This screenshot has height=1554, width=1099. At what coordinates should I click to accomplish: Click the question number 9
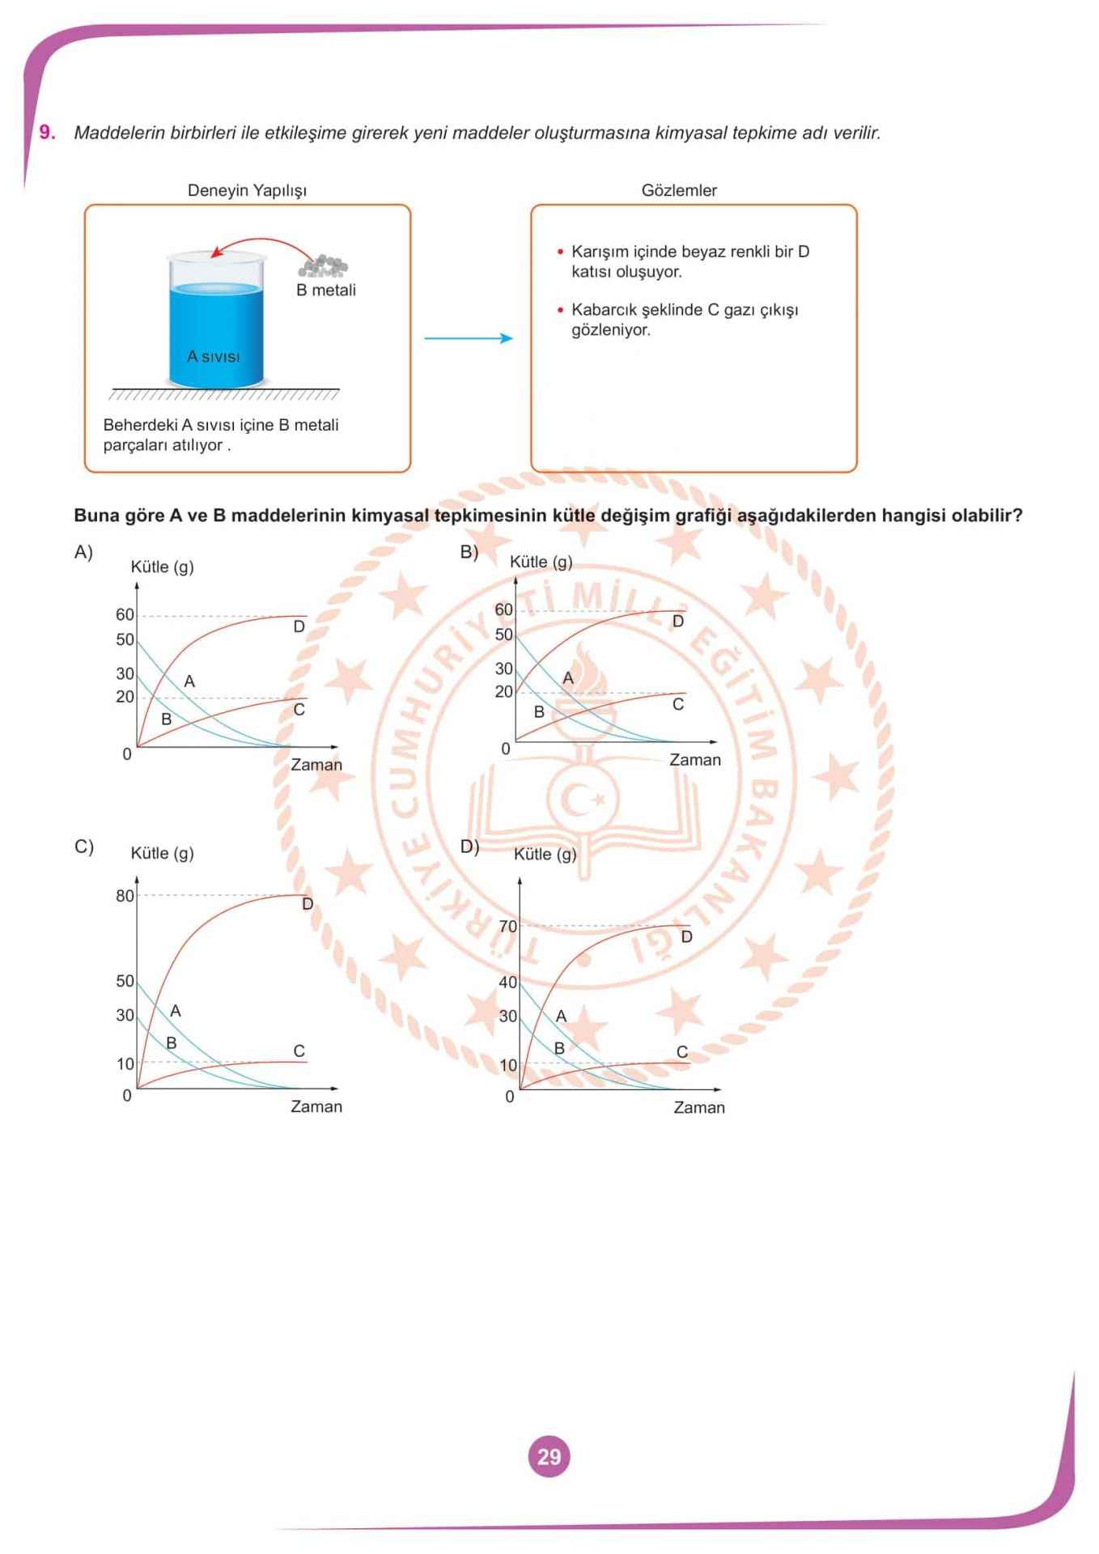tap(48, 133)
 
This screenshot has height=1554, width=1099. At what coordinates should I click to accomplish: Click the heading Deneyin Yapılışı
tap(247, 190)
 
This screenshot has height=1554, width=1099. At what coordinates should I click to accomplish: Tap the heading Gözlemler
tap(679, 190)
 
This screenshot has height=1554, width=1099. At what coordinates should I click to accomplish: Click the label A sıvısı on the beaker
tap(213, 356)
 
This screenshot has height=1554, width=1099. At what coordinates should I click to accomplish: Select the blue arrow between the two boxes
tap(469, 338)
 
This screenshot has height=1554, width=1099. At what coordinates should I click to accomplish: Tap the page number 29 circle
tap(549, 1457)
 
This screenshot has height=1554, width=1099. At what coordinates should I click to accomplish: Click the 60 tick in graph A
tap(125, 615)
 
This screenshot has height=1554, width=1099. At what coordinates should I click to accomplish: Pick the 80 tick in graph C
tap(125, 895)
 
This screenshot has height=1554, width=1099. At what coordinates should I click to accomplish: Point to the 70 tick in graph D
tap(507, 926)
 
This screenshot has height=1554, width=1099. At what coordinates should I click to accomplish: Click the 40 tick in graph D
tap(507, 982)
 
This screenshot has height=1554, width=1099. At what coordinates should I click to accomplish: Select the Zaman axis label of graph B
tap(694, 760)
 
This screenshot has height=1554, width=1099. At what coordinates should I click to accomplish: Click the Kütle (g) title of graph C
tap(162, 853)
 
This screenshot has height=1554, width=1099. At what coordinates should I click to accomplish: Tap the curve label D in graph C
tap(308, 904)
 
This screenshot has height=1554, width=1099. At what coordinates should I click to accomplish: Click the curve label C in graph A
tap(299, 710)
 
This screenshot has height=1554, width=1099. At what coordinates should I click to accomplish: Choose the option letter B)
tap(469, 552)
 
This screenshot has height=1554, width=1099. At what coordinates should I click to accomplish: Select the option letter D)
tap(469, 847)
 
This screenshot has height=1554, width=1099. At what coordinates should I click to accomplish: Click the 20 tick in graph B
tap(504, 691)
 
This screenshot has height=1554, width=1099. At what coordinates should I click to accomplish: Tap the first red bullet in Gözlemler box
tap(560, 252)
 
